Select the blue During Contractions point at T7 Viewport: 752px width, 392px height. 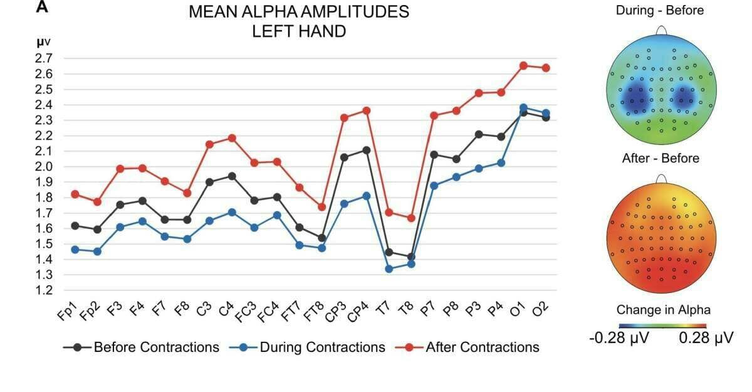point(389,269)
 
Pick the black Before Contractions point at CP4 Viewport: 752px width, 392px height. point(367,151)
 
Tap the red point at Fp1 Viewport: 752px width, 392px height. point(75,194)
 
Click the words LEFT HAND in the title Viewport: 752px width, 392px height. point(299,31)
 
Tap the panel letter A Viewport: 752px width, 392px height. point(42,8)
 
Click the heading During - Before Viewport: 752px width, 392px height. point(660,10)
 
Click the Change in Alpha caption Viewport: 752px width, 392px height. point(663,310)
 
